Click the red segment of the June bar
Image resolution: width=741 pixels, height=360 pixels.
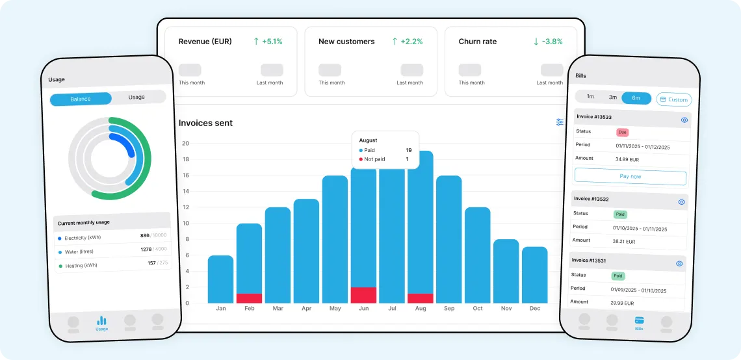pyautogui.click(x=363, y=295)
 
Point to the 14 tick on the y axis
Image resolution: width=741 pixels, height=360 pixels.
pyautogui.click(x=185, y=191)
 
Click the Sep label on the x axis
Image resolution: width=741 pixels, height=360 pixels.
pyautogui.click(x=449, y=309)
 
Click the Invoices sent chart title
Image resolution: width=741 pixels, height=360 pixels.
pyautogui.click(x=205, y=123)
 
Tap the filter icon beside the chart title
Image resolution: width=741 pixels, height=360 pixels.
pyautogui.click(x=560, y=122)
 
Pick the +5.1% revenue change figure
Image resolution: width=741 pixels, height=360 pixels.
pyautogui.click(x=268, y=42)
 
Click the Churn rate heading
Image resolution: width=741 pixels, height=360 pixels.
pyautogui.click(x=478, y=42)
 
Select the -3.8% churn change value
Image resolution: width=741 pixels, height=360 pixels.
pyautogui.click(x=548, y=42)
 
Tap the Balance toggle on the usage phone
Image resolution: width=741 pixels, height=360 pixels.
pyautogui.click(x=81, y=99)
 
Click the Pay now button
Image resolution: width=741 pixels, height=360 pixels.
pyautogui.click(x=630, y=176)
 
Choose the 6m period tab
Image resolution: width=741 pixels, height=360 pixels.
pyautogui.click(x=636, y=97)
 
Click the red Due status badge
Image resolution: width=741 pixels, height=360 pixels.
pyautogui.click(x=623, y=132)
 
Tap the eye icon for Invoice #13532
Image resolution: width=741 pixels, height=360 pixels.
pyautogui.click(x=681, y=202)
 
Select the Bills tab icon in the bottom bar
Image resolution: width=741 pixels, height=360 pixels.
pyautogui.click(x=639, y=321)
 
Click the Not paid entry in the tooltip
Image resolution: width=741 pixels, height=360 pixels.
pyautogui.click(x=374, y=159)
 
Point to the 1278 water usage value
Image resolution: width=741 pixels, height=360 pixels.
pyautogui.click(x=146, y=250)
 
